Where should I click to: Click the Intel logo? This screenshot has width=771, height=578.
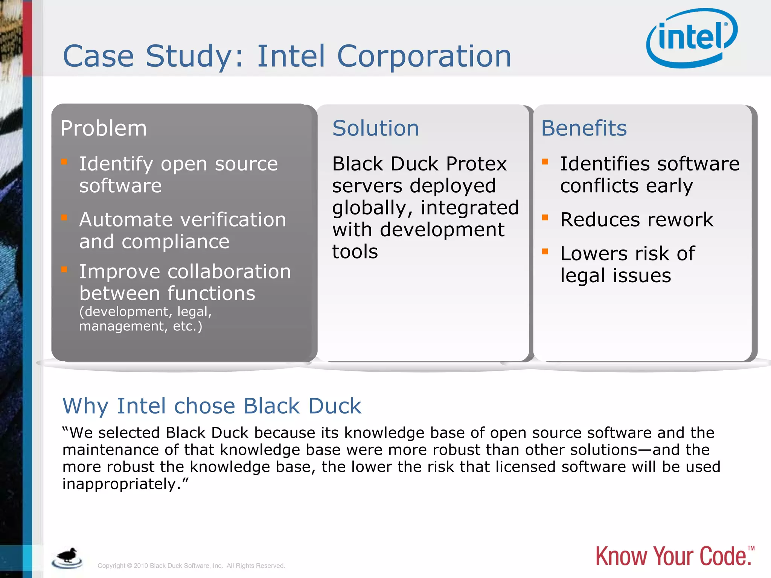pos(692,38)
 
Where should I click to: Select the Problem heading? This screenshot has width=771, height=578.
pos(104,128)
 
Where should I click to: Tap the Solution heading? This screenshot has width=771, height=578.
pos(375,128)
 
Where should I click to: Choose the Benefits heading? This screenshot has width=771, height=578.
pos(584,128)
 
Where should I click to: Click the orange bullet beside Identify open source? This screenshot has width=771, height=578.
pos(64,162)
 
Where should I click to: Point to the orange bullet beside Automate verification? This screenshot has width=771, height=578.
pos(64,218)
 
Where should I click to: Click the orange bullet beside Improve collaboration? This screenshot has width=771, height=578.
pos(64,269)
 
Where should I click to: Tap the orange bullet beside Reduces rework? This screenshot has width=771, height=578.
pos(545,218)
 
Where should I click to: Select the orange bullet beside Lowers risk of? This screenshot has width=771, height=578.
pos(545,251)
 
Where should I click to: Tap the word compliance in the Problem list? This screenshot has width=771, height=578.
pos(175,242)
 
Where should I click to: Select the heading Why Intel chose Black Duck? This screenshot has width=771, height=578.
pos(212,406)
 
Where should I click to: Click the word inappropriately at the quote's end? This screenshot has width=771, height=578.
pos(119,484)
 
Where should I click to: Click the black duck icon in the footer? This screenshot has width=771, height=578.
pos(67,557)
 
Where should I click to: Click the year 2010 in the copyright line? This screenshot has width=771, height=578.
pos(141,566)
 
